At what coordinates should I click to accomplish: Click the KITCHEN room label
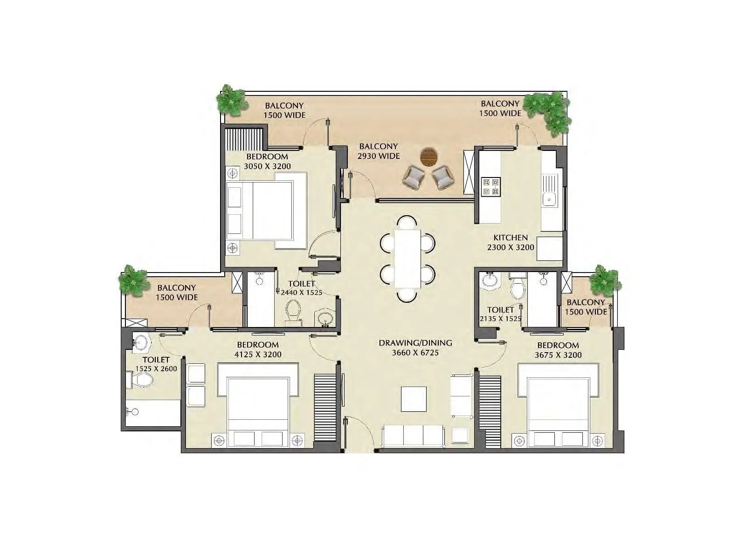coord(511,238)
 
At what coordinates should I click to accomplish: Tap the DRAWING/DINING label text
coord(415,343)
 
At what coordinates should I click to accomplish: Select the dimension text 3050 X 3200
coord(267,166)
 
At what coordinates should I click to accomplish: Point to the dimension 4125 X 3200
coord(258,354)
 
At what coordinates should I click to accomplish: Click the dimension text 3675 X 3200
coord(558,355)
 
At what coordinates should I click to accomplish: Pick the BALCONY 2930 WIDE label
coord(378,151)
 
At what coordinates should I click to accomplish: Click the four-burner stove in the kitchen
coord(490,186)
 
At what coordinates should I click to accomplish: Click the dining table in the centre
coord(407,259)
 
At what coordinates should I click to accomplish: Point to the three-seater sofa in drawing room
coord(413,436)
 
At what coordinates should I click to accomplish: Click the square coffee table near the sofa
coord(414,399)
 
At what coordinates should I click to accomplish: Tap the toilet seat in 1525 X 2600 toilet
coord(141,381)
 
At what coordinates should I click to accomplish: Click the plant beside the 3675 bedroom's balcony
coord(605,281)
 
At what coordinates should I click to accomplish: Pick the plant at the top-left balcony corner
coord(232,100)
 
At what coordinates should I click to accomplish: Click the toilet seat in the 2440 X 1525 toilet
coord(293,311)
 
